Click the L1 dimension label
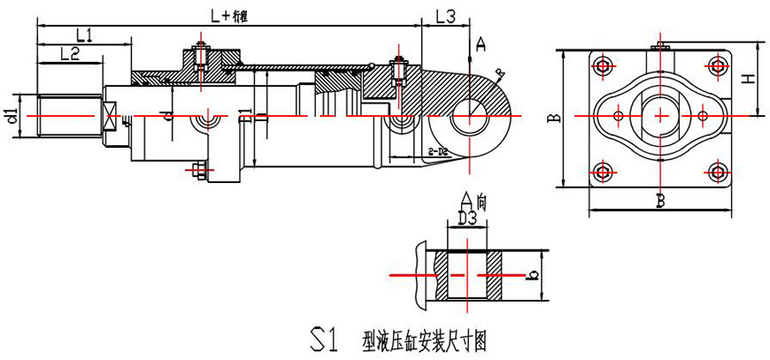(84, 35)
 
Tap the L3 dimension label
(445, 16)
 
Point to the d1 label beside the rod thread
(11, 115)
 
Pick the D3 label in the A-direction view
(467, 216)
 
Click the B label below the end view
(659, 201)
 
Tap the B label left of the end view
(551, 117)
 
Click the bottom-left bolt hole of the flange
(604, 171)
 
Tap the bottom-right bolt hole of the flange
(716, 171)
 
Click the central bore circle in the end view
(659, 116)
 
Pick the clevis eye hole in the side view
(468, 116)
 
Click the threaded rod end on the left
(66, 116)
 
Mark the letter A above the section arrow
(480, 42)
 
